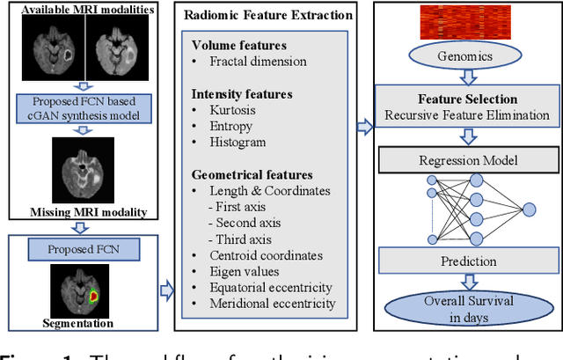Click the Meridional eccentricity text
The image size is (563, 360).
(x=273, y=304)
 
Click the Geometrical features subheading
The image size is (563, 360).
(x=252, y=174)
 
